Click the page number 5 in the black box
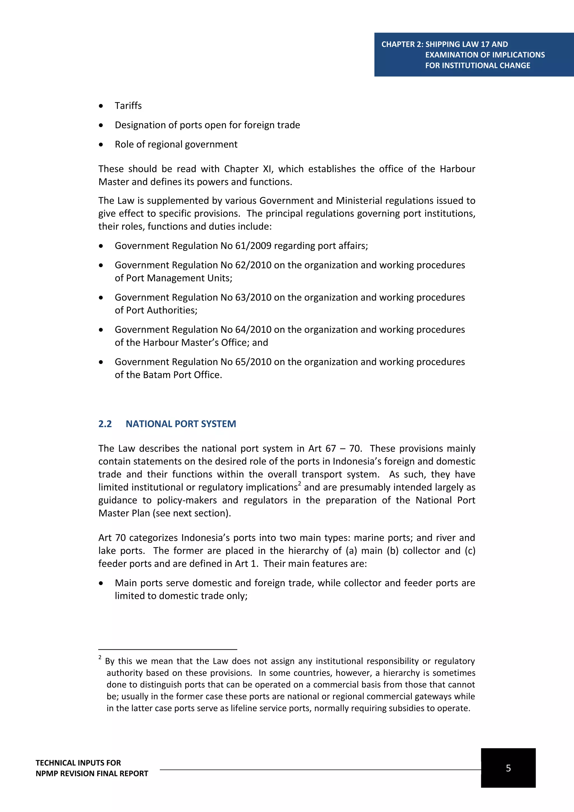coord(508,768)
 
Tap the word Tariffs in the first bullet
coord(128,106)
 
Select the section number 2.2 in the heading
coord(105,424)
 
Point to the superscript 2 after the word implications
coord(299,483)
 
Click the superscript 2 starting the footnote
coord(100,658)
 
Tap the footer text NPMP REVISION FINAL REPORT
coord(92,774)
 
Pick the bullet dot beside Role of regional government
coord(101,145)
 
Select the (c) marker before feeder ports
coord(470,551)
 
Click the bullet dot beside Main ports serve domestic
coord(101,583)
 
